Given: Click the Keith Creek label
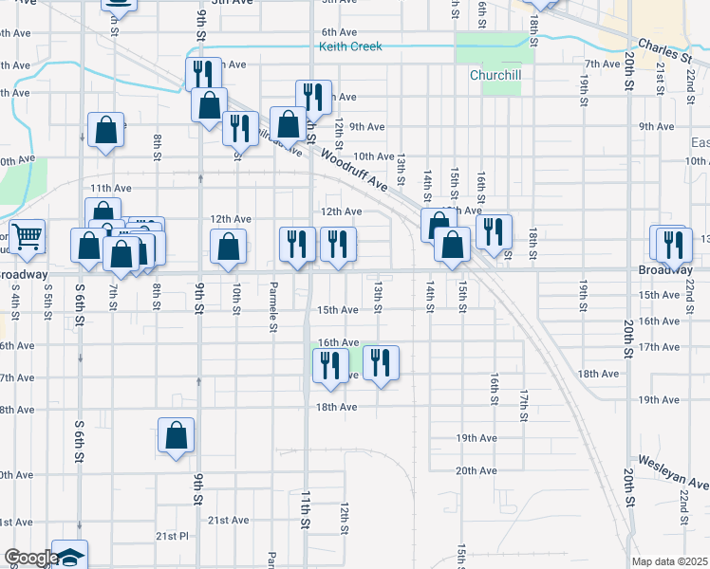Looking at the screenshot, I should pos(350,46).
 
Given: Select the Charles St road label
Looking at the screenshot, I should pos(664,48).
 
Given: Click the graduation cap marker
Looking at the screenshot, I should pos(69,556).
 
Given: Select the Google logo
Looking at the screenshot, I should pos(30,558).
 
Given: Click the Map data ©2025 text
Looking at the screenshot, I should pos(668,561).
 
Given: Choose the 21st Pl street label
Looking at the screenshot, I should pos(172,536).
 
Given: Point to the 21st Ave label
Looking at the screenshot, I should pos(228,520).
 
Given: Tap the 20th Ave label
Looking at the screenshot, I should pos(476,470).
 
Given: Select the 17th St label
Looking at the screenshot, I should pos(523,405).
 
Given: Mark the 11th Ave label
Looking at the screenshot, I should pos(110,189).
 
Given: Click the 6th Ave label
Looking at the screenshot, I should pos(339,32).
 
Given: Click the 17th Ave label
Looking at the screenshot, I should pos(660,347).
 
